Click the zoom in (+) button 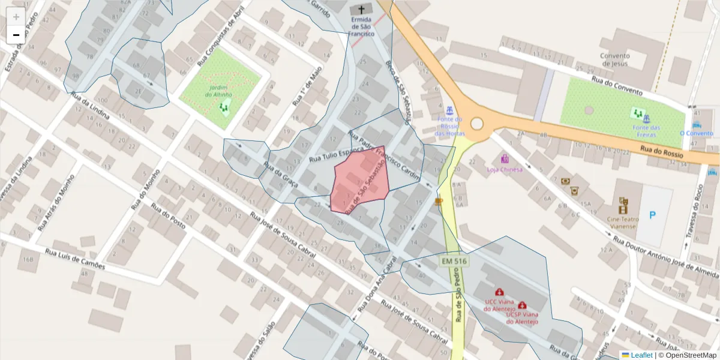[x=16, y=17]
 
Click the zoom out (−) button [x=16, y=35]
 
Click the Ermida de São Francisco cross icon [x=362, y=9]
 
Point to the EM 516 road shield [x=454, y=262]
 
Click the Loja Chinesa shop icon [x=505, y=159]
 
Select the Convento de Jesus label [x=614, y=60]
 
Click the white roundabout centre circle [x=477, y=124]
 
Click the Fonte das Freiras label [x=646, y=128]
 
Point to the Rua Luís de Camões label [x=74, y=258]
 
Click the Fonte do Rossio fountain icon [x=449, y=111]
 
